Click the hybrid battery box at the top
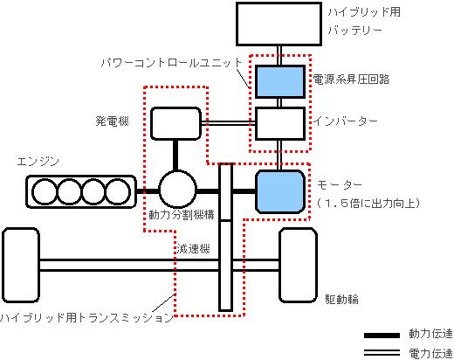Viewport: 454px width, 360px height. click(x=279, y=24)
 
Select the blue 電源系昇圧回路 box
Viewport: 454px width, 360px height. click(x=280, y=81)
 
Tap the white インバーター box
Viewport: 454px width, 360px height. click(x=280, y=123)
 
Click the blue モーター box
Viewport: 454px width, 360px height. click(x=280, y=191)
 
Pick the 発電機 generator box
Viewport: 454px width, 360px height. click(x=175, y=123)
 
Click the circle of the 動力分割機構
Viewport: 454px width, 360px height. click(x=177, y=190)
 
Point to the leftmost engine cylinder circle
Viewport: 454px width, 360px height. click(x=45, y=192)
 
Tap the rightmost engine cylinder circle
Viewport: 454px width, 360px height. click(x=118, y=192)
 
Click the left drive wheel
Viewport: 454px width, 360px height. click(x=21, y=266)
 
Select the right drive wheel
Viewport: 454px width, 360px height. click(x=298, y=266)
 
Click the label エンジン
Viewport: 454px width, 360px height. click(x=38, y=162)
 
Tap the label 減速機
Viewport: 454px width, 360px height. click(x=194, y=248)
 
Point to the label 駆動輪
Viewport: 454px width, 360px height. click(x=341, y=299)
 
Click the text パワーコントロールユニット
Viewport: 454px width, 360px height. click(x=171, y=63)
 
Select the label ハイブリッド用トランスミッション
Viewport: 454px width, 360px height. click(x=86, y=317)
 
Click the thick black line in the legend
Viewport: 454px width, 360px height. click(x=382, y=336)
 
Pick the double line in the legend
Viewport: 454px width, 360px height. click(x=382, y=353)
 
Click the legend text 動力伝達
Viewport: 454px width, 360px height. click(x=430, y=334)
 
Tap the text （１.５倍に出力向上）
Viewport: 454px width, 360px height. click(x=368, y=203)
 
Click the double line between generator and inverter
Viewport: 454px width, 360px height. click(x=228, y=123)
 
